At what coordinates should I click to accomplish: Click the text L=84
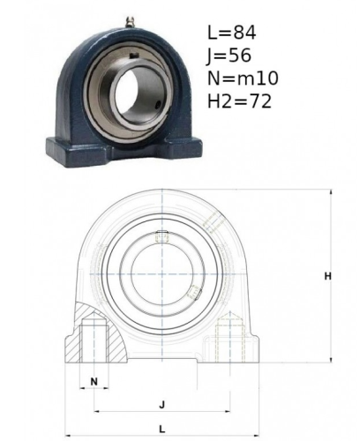coord(232,33)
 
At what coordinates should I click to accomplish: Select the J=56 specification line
coord(229,56)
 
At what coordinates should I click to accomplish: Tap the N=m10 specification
coord(243,78)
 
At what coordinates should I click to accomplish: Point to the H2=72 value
coord(239,101)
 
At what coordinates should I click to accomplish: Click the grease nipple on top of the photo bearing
coord(131,23)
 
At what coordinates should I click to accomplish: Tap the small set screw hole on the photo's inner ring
coord(159,103)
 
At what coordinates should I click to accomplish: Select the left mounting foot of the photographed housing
coord(79,152)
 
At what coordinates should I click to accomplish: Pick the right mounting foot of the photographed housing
coord(184,147)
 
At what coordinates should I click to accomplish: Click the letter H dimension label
coord(327,276)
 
